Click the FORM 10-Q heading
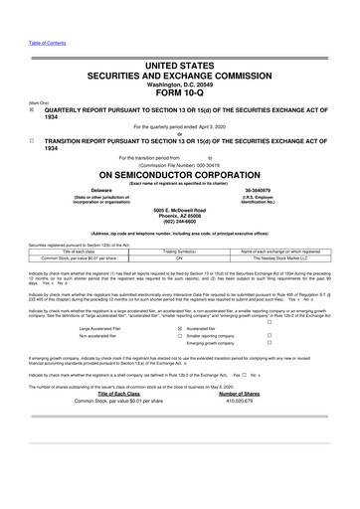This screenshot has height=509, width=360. point(180,97)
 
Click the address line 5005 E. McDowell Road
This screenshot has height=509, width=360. point(180,210)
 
